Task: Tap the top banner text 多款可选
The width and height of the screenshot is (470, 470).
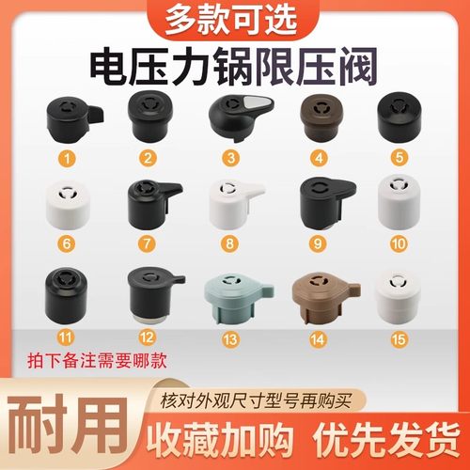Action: click(x=234, y=19)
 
